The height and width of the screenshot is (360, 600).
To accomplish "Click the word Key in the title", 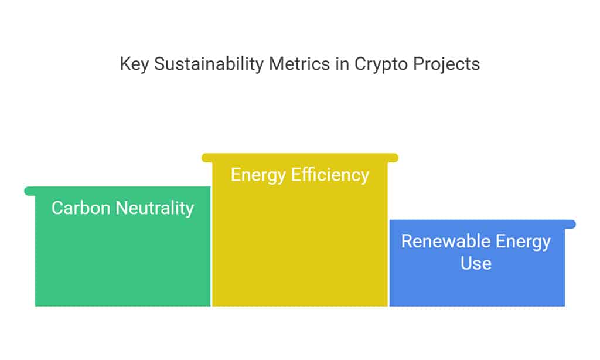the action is click(x=134, y=64).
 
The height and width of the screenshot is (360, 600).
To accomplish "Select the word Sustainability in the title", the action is click(x=209, y=64).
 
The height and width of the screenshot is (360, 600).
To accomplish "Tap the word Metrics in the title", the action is click(x=299, y=63).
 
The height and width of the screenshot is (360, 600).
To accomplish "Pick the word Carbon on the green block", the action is click(x=81, y=208).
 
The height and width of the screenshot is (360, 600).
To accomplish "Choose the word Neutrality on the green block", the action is click(x=155, y=209).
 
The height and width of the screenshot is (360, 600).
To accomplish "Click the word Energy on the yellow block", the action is click(x=258, y=175).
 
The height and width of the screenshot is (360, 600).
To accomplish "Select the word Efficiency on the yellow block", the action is click(x=330, y=175).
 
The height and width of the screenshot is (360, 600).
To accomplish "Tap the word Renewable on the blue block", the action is click(x=446, y=242).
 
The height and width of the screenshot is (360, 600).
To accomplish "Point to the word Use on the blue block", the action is click(x=476, y=263).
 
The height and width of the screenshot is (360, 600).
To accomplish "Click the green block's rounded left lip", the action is click(x=30, y=191).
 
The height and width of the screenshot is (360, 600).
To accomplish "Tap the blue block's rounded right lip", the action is click(x=570, y=225).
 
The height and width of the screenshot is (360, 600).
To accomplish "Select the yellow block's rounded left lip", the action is click(x=207, y=158).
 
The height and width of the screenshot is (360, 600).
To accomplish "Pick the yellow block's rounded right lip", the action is click(x=393, y=158).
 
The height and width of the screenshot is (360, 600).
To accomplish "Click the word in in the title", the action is click(x=342, y=63).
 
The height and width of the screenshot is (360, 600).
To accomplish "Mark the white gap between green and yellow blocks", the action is click(x=211, y=246).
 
